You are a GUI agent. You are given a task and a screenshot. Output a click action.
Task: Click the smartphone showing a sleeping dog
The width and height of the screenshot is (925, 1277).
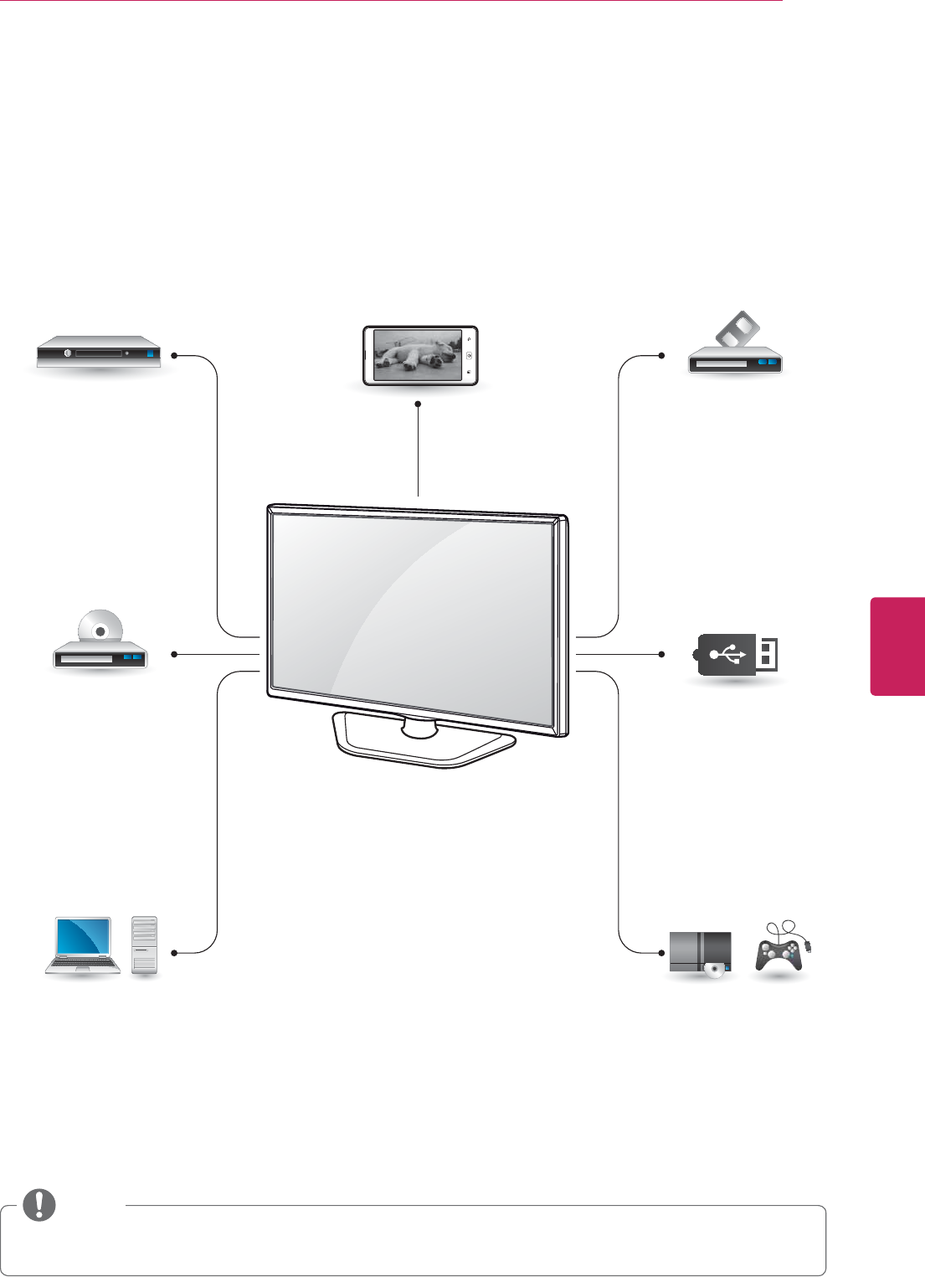pyautogui.click(x=419, y=356)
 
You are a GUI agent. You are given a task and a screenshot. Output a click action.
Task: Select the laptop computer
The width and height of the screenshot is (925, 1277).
pyautogui.click(x=82, y=945)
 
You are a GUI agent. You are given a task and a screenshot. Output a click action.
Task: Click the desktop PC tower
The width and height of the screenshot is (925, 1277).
pyautogui.click(x=145, y=945)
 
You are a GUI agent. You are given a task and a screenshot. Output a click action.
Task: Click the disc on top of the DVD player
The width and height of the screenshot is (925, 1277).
pyautogui.click(x=100, y=629)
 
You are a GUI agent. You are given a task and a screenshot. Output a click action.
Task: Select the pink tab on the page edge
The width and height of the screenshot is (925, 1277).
pyautogui.click(x=897, y=646)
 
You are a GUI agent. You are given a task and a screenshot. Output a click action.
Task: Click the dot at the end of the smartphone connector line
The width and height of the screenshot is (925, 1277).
pyautogui.click(x=417, y=404)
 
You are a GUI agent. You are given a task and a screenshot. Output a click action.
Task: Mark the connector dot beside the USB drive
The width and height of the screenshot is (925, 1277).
pyautogui.click(x=662, y=653)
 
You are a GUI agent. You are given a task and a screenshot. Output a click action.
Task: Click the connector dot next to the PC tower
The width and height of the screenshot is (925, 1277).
pyautogui.click(x=174, y=953)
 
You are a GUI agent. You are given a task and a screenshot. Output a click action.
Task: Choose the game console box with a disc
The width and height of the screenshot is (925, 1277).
pyautogui.click(x=701, y=954)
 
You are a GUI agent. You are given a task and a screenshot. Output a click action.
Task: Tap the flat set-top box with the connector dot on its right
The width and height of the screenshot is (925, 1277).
pyautogui.click(x=98, y=353)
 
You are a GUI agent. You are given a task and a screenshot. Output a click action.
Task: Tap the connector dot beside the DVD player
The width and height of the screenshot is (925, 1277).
pyautogui.click(x=174, y=653)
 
